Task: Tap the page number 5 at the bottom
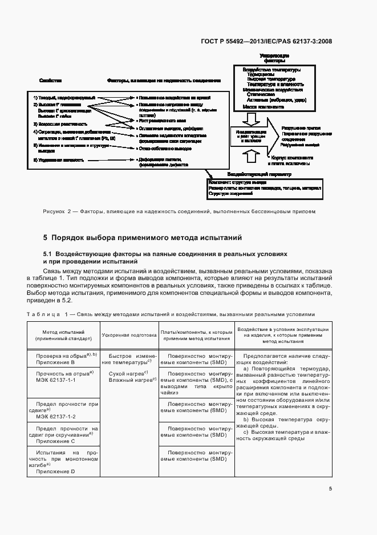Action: [x=330, y=488]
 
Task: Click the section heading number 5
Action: [x=46, y=237]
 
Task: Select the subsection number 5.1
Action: [x=47, y=253]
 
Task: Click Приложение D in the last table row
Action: [x=55, y=471]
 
